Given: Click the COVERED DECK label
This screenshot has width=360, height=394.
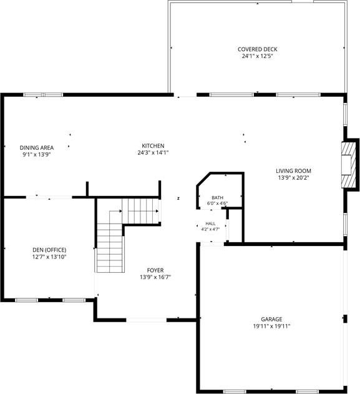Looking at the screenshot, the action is (x=257, y=49).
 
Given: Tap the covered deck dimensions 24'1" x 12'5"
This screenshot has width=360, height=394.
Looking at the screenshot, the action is (x=257, y=56).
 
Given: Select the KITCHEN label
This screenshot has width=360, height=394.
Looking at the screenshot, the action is (x=153, y=145).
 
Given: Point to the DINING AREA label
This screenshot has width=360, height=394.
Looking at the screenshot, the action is (x=37, y=148).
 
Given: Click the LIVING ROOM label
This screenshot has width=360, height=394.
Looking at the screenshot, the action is (x=293, y=171).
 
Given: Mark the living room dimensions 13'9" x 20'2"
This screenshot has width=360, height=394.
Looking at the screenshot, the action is (x=293, y=178).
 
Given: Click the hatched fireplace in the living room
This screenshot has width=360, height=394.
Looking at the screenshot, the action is (x=349, y=165).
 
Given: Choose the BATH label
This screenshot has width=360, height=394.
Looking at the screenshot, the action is (x=217, y=198).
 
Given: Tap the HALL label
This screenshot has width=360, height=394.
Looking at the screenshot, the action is (x=210, y=224).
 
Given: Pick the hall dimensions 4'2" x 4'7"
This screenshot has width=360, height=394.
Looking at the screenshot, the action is (x=210, y=229).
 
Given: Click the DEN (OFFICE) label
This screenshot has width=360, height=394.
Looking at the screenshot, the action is (x=49, y=250).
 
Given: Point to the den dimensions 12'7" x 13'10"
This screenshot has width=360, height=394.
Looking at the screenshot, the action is (x=49, y=257).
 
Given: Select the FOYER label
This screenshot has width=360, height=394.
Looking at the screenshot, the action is (x=155, y=270).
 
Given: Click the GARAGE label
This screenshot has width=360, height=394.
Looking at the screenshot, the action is (x=271, y=319).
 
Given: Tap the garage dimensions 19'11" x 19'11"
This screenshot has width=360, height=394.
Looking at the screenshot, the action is (x=271, y=327).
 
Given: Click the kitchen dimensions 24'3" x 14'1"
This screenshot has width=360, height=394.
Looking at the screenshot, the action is (x=153, y=152).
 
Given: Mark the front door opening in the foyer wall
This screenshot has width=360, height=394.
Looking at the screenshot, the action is (x=147, y=320).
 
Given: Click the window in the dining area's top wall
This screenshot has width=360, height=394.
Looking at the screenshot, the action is (x=43, y=95).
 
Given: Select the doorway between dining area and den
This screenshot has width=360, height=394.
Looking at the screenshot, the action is (x=49, y=197).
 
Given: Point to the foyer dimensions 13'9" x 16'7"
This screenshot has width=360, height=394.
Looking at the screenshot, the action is (x=155, y=277).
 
